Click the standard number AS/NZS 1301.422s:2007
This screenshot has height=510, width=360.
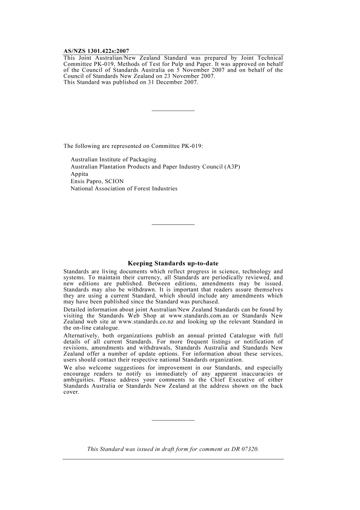point(96,51)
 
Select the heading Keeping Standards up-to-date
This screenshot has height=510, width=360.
point(173,263)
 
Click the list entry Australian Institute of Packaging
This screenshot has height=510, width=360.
point(113,160)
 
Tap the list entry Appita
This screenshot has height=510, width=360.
point(79,174)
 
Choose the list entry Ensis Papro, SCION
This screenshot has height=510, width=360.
point(97,181)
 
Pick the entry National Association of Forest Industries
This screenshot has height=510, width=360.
point(124,188)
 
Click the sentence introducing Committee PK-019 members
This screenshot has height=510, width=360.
point(133,146)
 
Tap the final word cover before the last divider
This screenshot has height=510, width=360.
point(71,392)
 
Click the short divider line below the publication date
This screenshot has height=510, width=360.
point(173,111)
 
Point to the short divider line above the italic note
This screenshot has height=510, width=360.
point(173,420)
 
